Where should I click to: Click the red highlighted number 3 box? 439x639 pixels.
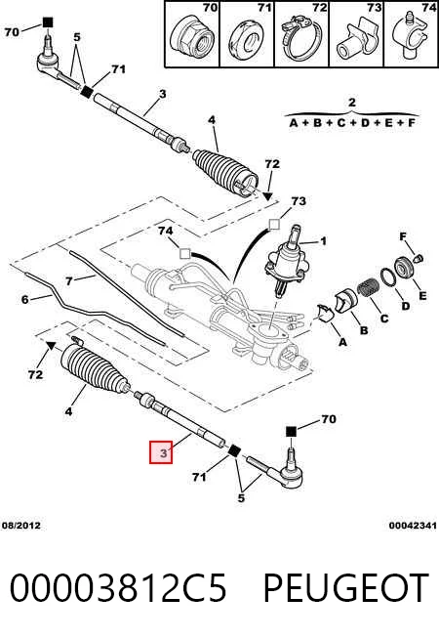(161, 452)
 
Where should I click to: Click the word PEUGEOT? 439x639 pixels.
(346, 587)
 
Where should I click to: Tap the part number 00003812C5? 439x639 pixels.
(118, 587)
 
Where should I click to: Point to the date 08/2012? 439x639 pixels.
(21, 526)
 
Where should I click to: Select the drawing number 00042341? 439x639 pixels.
(413, 526)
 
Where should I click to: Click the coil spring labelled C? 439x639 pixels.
(369, 288)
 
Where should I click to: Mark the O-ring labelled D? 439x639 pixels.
(388, 277)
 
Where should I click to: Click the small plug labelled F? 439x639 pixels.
(419, 258)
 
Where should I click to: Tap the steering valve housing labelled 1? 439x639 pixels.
(287, 263)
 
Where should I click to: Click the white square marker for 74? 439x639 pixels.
(185, 253)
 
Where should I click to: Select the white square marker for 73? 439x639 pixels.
(275, 224)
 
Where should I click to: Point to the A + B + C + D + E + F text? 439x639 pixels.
(352, 123)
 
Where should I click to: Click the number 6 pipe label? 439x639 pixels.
(25, 300)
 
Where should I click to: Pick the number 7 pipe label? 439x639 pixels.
(69, 281)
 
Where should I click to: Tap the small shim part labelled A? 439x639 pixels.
(325, 313)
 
